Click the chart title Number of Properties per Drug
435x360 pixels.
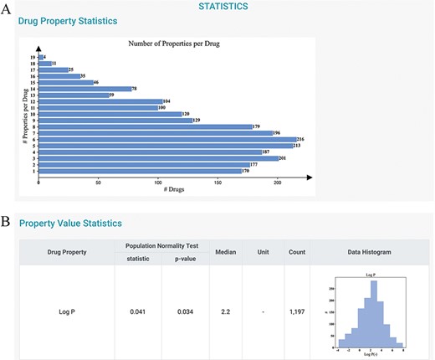tap(173, 43)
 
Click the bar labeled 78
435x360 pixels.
tap(84, 88)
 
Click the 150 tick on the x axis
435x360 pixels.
tap(217, 182)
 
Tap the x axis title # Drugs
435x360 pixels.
tap(175, 191)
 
